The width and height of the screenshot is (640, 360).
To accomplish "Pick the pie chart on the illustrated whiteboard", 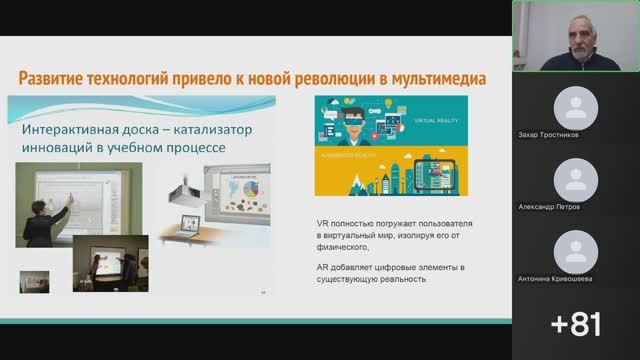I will (x=248, y=186).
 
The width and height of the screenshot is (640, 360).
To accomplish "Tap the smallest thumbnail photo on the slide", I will (x=31, y=280).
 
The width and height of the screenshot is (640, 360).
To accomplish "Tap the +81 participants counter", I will (x=576, y=325).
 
